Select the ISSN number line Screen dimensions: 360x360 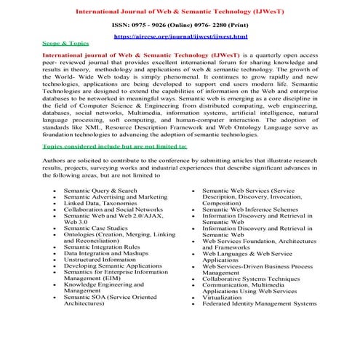[180, 25]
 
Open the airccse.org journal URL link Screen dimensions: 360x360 [180, 36]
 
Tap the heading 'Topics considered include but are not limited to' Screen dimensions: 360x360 [114, 146]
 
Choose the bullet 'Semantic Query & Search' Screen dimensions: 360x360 [100, 191]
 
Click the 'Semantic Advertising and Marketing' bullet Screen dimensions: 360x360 [115, 197]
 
